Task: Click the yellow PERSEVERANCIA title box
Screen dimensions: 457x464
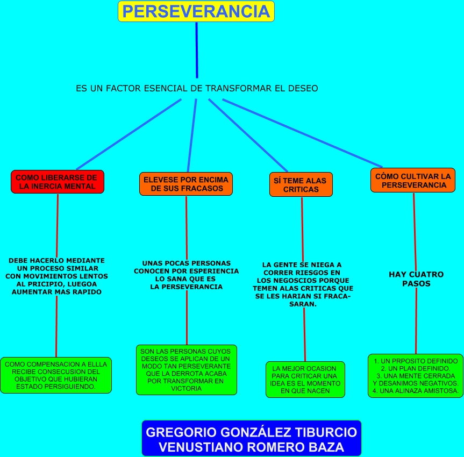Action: pyautogui.click(x=196, y=11)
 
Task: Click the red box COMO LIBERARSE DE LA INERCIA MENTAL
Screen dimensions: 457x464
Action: pyautogui.click(x=57, y=182)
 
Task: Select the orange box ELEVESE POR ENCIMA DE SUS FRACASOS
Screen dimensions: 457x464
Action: pyautogui.click(x=186, y=184)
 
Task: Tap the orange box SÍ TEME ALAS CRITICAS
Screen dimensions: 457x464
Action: pyautogui.click(x=301, y=184)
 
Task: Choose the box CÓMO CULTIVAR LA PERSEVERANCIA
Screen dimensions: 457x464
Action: pyautogui.click(x=412, y=180)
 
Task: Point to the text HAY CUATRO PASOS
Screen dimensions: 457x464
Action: pyautogui.click(x=416, y=279)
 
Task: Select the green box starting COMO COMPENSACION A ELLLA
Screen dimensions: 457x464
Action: pyautogui.click(x=56, y=375)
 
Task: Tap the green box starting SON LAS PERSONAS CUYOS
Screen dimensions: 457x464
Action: pyautogui.click(x=186, y=370)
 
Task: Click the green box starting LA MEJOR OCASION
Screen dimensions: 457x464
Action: pyautogui.click(x=305, y=380)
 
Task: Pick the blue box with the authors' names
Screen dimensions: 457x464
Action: pyautogui.click(x=252, y=439)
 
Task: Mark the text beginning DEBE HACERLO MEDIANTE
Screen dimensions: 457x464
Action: pyautogui.click(x=57, y=276)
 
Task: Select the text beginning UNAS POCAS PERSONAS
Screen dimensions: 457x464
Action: pyautogui.click(x=186, y=275)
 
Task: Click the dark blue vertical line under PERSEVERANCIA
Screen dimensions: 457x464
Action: pyautogui.click(x=197, y=51)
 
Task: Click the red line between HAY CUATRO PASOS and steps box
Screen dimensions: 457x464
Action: pyautogui.click(x=416, y=320)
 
